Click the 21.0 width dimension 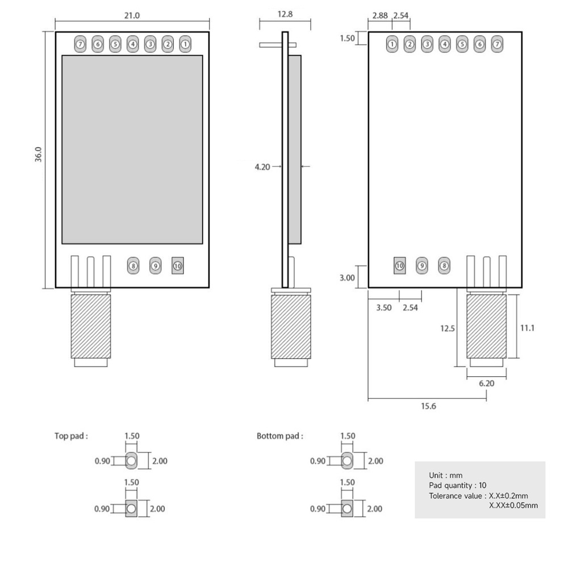point(132,15)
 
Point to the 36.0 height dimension point(38,155)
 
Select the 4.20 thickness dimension point(262,166)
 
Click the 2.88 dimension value point(378,15)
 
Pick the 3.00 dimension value point(346,278)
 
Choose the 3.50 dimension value point(384,307)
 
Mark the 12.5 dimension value point(448,328)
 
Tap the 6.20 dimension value point(487,383)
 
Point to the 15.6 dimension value point(428,406)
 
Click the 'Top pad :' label point(71,436)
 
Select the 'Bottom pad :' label point(279,436)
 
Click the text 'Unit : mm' point(446,475)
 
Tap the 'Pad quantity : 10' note point(458,485)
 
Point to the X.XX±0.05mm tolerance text point(513,505)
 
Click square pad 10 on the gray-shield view point(178,265)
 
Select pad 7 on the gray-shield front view point(80,43)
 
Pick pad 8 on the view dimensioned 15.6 point(444,265)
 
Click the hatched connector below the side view point(291,326)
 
